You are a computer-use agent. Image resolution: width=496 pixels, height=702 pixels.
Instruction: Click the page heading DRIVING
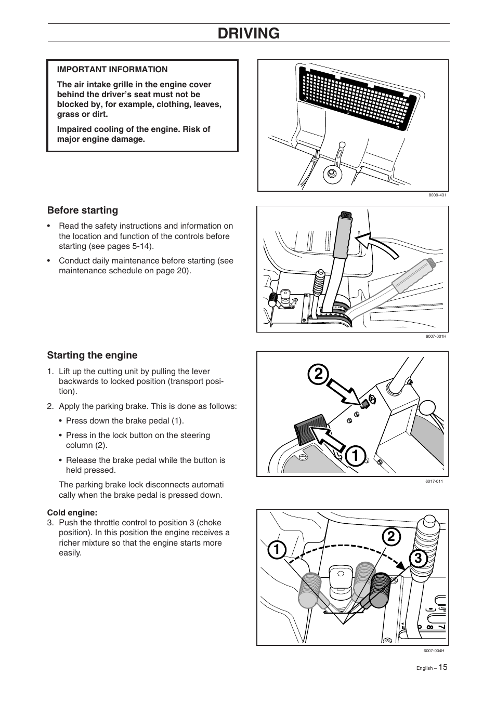[249, 33]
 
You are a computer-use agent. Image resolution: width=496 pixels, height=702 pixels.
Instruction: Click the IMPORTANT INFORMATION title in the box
[112, 69]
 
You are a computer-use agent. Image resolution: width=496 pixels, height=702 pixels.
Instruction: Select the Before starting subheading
[83, 210]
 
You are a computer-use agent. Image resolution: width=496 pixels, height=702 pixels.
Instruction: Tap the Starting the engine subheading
[93, 355]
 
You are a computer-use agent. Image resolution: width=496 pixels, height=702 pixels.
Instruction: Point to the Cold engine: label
[72, 512]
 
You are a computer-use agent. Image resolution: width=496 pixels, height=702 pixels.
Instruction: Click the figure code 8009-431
[437, 195]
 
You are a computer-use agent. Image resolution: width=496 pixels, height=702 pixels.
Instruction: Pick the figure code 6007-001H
[436, 336]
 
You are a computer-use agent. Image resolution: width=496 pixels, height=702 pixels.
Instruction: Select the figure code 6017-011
[434, 481]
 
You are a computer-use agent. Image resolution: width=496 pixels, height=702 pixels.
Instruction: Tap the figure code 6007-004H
[434, 651]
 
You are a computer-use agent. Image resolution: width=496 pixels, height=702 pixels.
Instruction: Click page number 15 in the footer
[442, 667]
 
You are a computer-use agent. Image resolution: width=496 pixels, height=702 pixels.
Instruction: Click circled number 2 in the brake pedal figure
[318, 374]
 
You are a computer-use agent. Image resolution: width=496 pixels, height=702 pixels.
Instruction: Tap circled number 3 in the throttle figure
[417, 559]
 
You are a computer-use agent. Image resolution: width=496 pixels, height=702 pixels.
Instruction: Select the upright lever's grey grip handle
[342, 236]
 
